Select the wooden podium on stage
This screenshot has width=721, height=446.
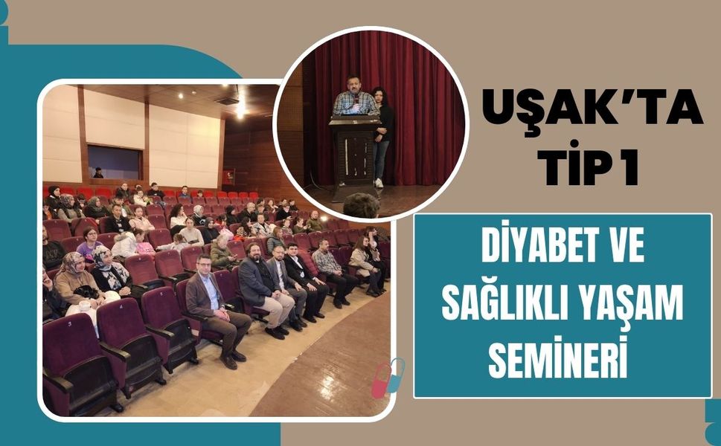pyautogui.click(x=355, y=152)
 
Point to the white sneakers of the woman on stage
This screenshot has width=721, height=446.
pyautogui.click(x=379, y=182)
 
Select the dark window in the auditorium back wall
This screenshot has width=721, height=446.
pyautogui.click(x=114, y=161)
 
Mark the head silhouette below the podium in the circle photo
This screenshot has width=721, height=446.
pyautogui.click(x=361, y=206)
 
